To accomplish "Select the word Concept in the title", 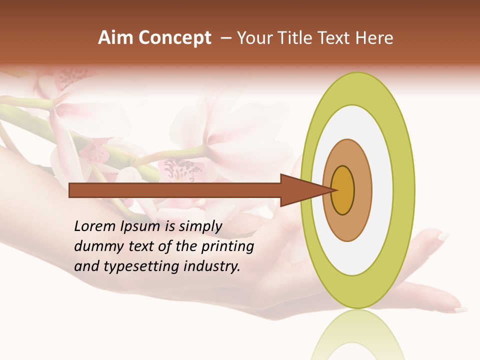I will [x=174, y=37].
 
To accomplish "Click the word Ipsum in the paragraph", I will [x=141, y=226].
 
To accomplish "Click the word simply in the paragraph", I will [x=200, y=226].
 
